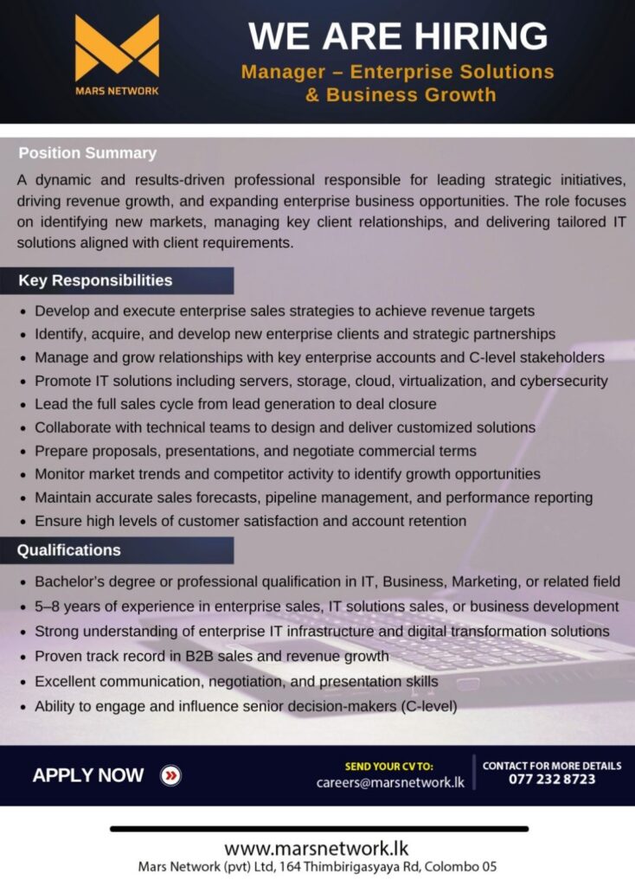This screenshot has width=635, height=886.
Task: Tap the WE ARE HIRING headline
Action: point(398,36)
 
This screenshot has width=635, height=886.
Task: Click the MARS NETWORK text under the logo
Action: point(117,90)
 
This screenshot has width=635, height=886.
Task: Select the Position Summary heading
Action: point(87,153)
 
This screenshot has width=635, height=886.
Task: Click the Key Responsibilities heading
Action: point(95,280)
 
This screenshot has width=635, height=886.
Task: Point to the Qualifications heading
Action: point(69,550)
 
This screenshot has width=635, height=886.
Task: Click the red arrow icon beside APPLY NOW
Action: point(171,775)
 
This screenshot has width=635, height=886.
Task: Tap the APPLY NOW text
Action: point(88,775)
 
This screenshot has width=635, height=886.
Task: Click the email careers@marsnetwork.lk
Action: point(390,782)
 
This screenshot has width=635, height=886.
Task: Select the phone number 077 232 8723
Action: point(551,780)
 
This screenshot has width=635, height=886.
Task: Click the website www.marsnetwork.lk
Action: point(317,848)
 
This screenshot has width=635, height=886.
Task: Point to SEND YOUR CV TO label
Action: point(389,766)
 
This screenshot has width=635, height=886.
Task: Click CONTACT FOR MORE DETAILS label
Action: point(551,765)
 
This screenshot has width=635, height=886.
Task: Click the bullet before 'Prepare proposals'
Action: point(23,452)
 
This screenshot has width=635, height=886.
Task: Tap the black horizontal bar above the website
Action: point(318,829)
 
